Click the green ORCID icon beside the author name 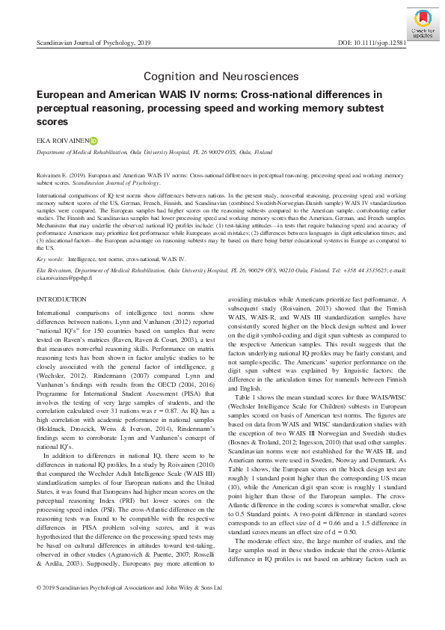[x=93, y=139]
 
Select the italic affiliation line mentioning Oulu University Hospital [x=154, y=152]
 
